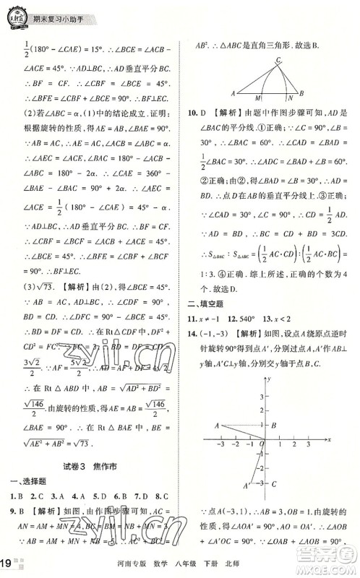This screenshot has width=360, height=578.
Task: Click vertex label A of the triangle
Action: coord(233,93)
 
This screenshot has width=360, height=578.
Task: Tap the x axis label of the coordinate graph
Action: coord(329,439)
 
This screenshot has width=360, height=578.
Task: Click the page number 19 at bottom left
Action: coord(7,565)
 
